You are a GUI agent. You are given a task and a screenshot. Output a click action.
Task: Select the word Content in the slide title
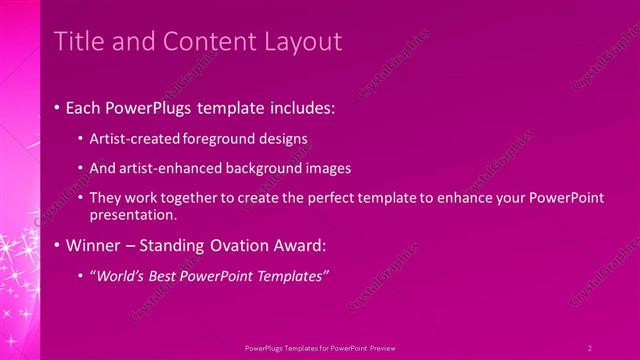(199, 41)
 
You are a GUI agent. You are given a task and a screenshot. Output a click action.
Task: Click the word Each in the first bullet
(85, 106)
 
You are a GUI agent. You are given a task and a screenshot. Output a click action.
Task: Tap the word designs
(281, 138)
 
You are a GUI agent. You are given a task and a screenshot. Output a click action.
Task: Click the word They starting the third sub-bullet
(105, 199)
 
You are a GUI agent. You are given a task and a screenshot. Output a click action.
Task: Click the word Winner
(92, 245)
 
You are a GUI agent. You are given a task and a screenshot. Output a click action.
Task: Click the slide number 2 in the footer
(589, 347)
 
